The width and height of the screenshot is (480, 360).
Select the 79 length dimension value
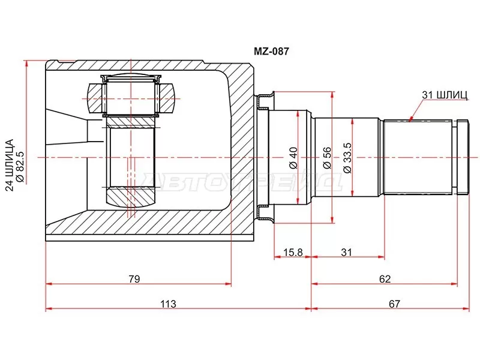(134, 278)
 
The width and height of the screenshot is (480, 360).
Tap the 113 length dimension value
(168, 304)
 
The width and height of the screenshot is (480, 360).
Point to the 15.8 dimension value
(293, 252)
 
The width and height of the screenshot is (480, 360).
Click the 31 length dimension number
(346, 252)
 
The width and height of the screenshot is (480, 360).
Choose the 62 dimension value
(385, 278)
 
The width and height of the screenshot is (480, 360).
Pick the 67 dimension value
(394, 304)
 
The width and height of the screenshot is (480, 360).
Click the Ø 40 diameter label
(293, 158)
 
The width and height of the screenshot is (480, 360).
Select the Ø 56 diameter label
(327, 158)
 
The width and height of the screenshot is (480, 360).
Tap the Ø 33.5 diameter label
(348, 158)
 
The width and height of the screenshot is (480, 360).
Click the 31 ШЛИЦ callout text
(445, 95)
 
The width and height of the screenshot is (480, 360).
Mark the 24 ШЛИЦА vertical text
(10, 165)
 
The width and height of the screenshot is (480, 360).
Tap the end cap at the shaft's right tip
(463, 157)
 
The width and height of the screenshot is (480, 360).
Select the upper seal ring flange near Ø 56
(265, 101)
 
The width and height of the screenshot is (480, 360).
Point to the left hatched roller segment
(94, 98)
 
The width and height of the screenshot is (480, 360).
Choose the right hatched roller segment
(167, 98)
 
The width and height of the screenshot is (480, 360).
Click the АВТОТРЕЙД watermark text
(241, 182)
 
